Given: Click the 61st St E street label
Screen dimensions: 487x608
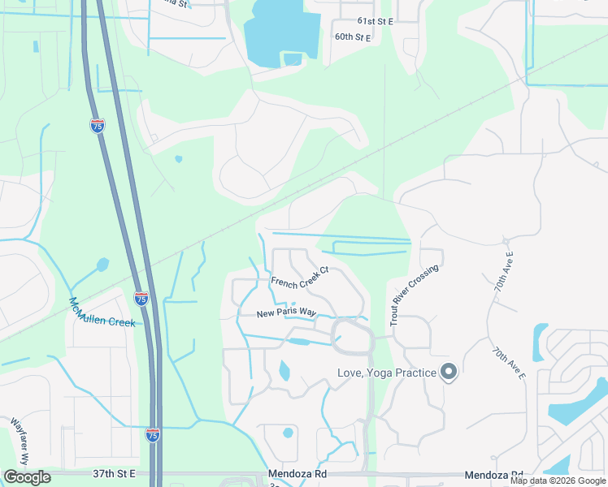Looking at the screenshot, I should [x=374, y=22].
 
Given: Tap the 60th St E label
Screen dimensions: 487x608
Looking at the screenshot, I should [x=352, y=37].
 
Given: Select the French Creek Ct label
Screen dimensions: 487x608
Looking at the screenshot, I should [x=300, y=278].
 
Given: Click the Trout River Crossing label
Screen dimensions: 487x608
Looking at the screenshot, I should [x=414, y=295].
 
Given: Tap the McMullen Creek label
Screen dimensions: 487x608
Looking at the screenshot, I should [x=102, y=312].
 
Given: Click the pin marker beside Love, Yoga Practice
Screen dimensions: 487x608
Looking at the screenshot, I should [x=449, y=373].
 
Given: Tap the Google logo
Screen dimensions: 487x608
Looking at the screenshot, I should [x=28, y=477].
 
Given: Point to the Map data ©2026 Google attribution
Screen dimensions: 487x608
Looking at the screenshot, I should [x=558, y=481].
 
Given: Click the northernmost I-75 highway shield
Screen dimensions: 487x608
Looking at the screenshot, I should [x=98, y=126].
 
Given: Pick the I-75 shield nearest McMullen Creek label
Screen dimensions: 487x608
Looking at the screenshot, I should [x=141, y=299].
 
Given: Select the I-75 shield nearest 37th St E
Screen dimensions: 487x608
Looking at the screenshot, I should [x=153, y=435].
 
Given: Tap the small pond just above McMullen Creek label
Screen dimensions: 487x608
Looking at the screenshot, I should [x=102, y=264].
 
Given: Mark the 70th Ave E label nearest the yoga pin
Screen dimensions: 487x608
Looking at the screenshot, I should [x=509, y=364].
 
